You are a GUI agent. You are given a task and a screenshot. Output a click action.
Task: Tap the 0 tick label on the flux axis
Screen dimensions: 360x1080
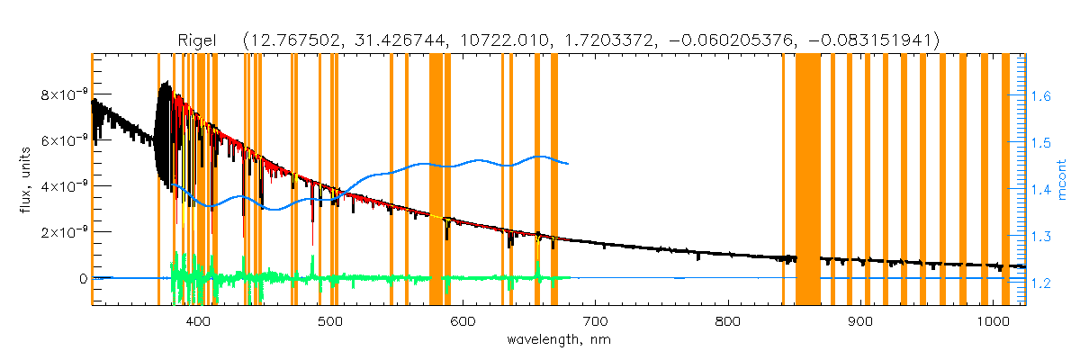80,279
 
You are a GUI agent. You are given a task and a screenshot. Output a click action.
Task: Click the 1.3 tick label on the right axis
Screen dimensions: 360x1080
1042,237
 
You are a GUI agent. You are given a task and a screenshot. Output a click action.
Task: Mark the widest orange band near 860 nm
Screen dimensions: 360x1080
807,180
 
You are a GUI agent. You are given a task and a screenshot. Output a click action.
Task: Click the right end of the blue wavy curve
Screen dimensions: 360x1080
567,163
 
